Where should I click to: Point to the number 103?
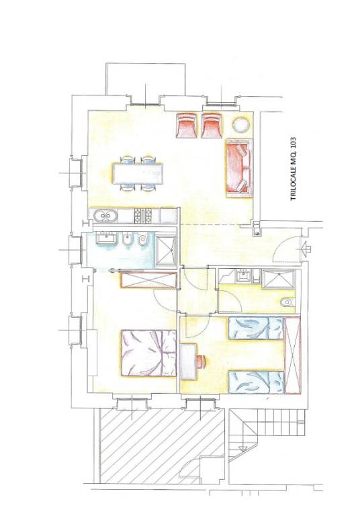coord(294,143)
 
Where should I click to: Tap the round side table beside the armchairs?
coord(241,125)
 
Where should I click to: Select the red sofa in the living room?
coord(238,168)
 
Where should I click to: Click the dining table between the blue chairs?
coord(138,173)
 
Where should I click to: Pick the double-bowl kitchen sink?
coord(105,216)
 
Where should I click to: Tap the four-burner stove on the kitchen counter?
coord(143,216)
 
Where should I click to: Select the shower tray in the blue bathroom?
coord(166,250)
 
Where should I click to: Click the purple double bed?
coord(148,353)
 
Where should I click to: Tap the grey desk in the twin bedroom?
coord(189,361)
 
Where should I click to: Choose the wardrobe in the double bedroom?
coord(148,280)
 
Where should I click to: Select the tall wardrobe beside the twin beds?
coord(293,355)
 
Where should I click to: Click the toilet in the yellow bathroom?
coord(288,302)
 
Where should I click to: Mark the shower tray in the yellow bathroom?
coord(279,279)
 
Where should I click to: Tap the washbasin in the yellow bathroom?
coord(244,275)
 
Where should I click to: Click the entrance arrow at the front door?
coord(304,248)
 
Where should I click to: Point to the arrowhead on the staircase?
coord(244,448)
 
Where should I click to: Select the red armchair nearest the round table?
coord(212,125)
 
